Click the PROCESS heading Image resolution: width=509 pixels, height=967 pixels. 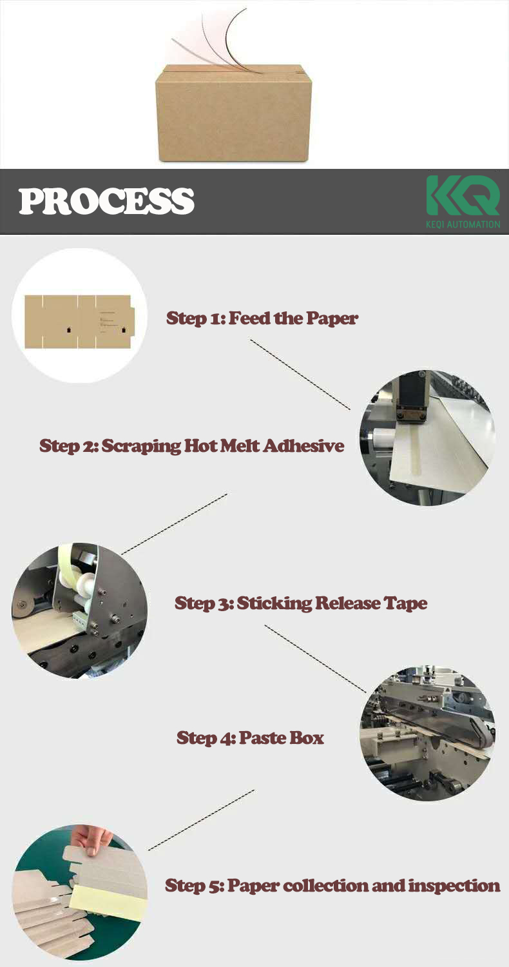pos(106,201)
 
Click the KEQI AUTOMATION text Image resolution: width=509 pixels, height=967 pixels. pos(463,224)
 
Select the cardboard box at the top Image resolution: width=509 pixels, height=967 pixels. pos(233,113)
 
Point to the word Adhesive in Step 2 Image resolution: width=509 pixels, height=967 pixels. pos(303,445)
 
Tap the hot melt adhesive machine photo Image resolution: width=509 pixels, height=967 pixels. pos(427,438)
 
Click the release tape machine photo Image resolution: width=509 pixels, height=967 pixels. pos(79,610)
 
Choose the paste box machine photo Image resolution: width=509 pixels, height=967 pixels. pos(427,733)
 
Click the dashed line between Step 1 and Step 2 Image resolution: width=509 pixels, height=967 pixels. pos(300,375)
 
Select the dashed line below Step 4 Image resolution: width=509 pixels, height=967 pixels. pos(202,820)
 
